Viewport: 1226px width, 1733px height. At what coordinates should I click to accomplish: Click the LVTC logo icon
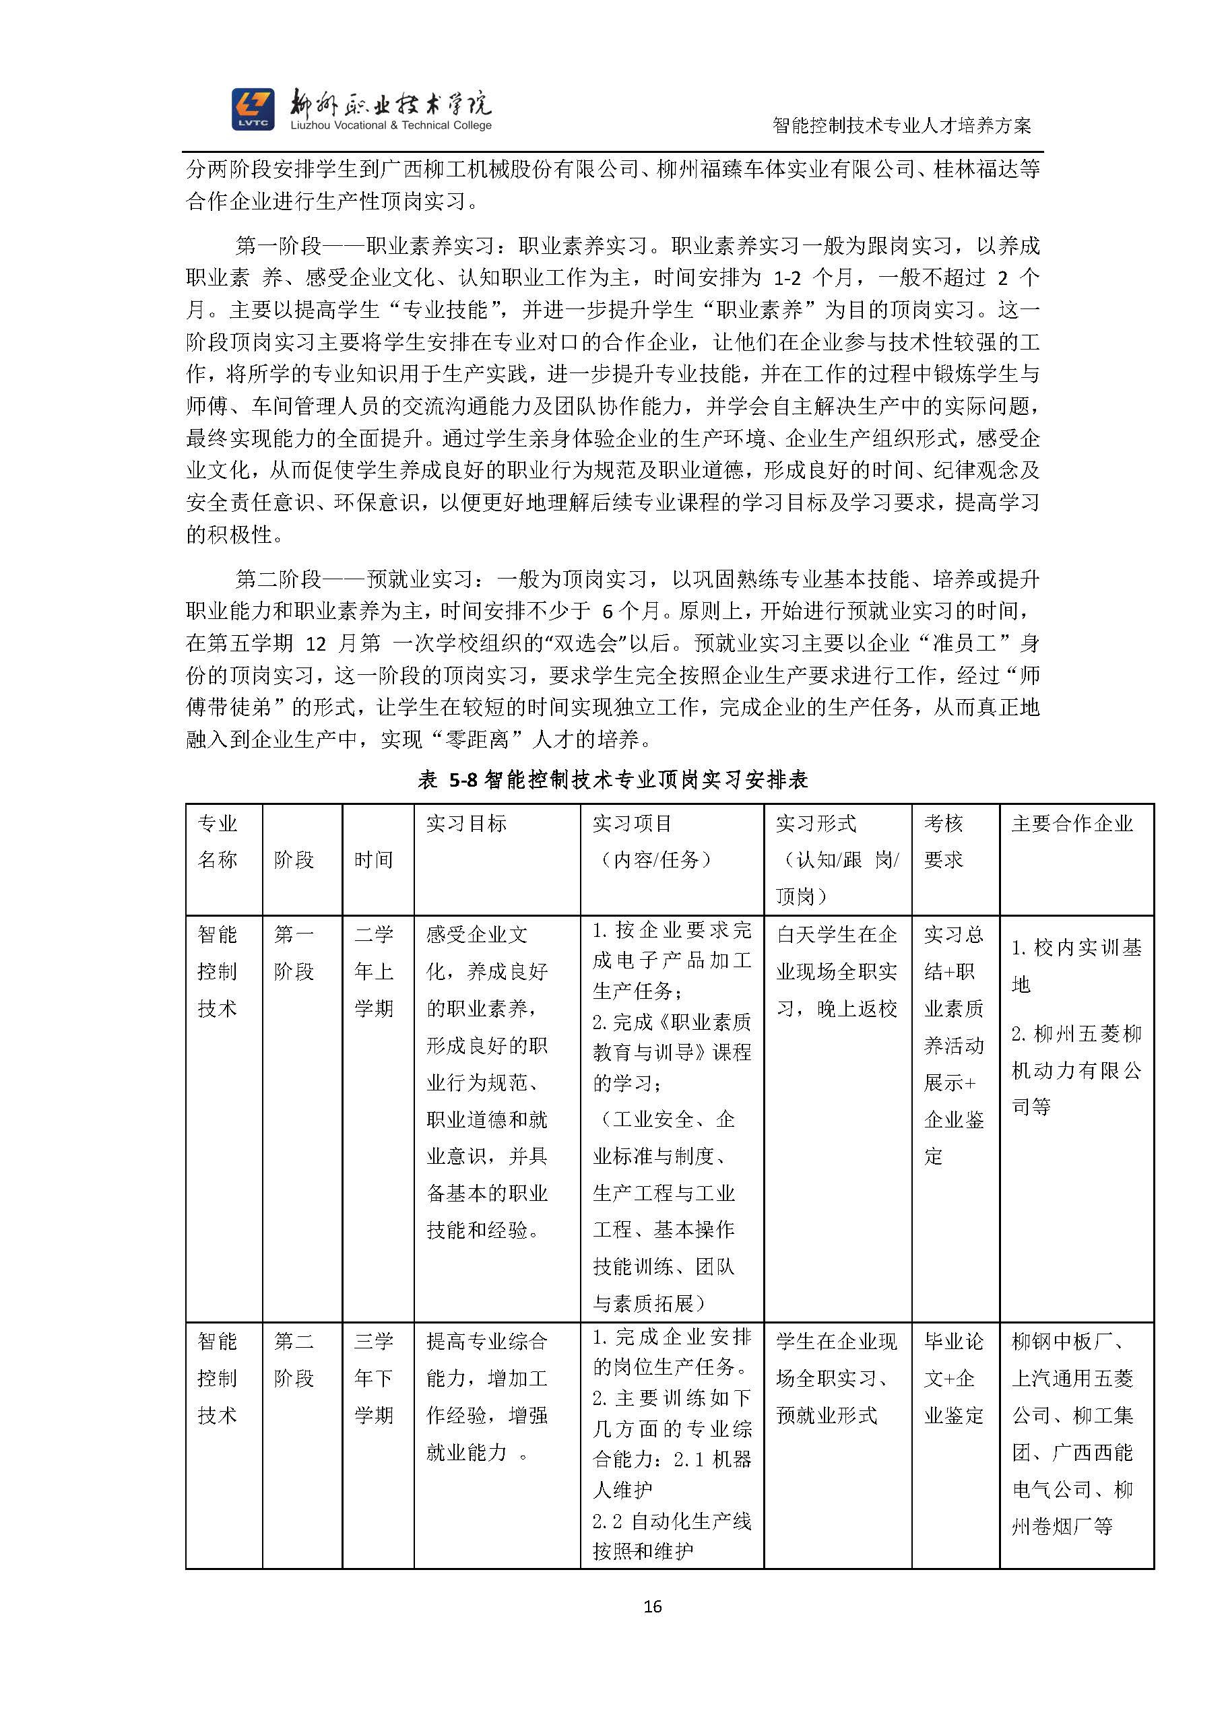pos(253,108)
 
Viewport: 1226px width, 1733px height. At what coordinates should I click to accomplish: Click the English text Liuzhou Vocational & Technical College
pos(391,125)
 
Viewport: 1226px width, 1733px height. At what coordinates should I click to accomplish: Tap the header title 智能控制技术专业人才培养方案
pos(902,125)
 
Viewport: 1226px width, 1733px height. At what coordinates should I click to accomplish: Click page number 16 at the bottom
pos(652,1606)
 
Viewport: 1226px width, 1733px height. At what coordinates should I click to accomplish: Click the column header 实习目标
pos(465,824)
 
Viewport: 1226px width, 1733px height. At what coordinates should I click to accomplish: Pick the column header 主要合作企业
pos(1072,824)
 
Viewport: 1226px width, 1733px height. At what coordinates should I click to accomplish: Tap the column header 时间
pos(374,859)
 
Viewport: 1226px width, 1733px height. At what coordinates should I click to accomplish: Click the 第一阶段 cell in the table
pos(294,952)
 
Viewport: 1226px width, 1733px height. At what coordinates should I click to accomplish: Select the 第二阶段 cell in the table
pos(294,1359)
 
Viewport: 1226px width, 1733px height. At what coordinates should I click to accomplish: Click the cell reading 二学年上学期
pos(374,971)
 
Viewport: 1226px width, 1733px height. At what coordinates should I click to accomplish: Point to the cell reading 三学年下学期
pos(374,1377)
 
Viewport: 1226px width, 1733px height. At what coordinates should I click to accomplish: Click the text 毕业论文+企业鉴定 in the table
pos(955,1377)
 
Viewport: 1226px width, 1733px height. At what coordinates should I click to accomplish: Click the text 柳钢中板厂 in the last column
pos(1065,1341)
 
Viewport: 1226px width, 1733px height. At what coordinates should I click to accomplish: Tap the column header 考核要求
pos(944,842)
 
